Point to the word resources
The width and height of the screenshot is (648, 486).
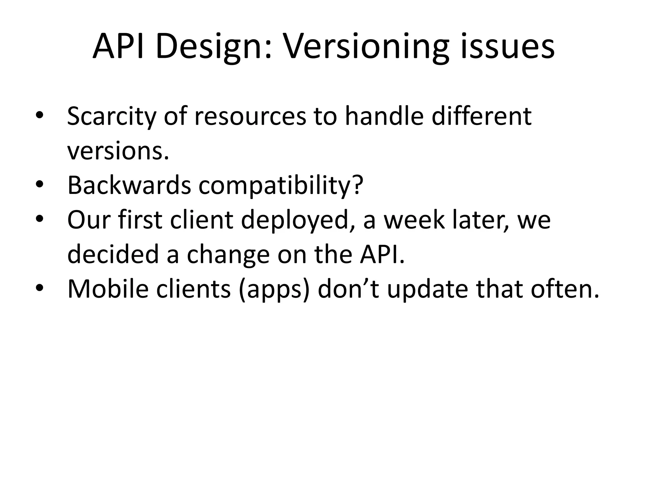250,116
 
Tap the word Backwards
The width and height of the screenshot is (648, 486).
129,185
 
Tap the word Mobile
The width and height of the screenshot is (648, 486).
108,289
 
